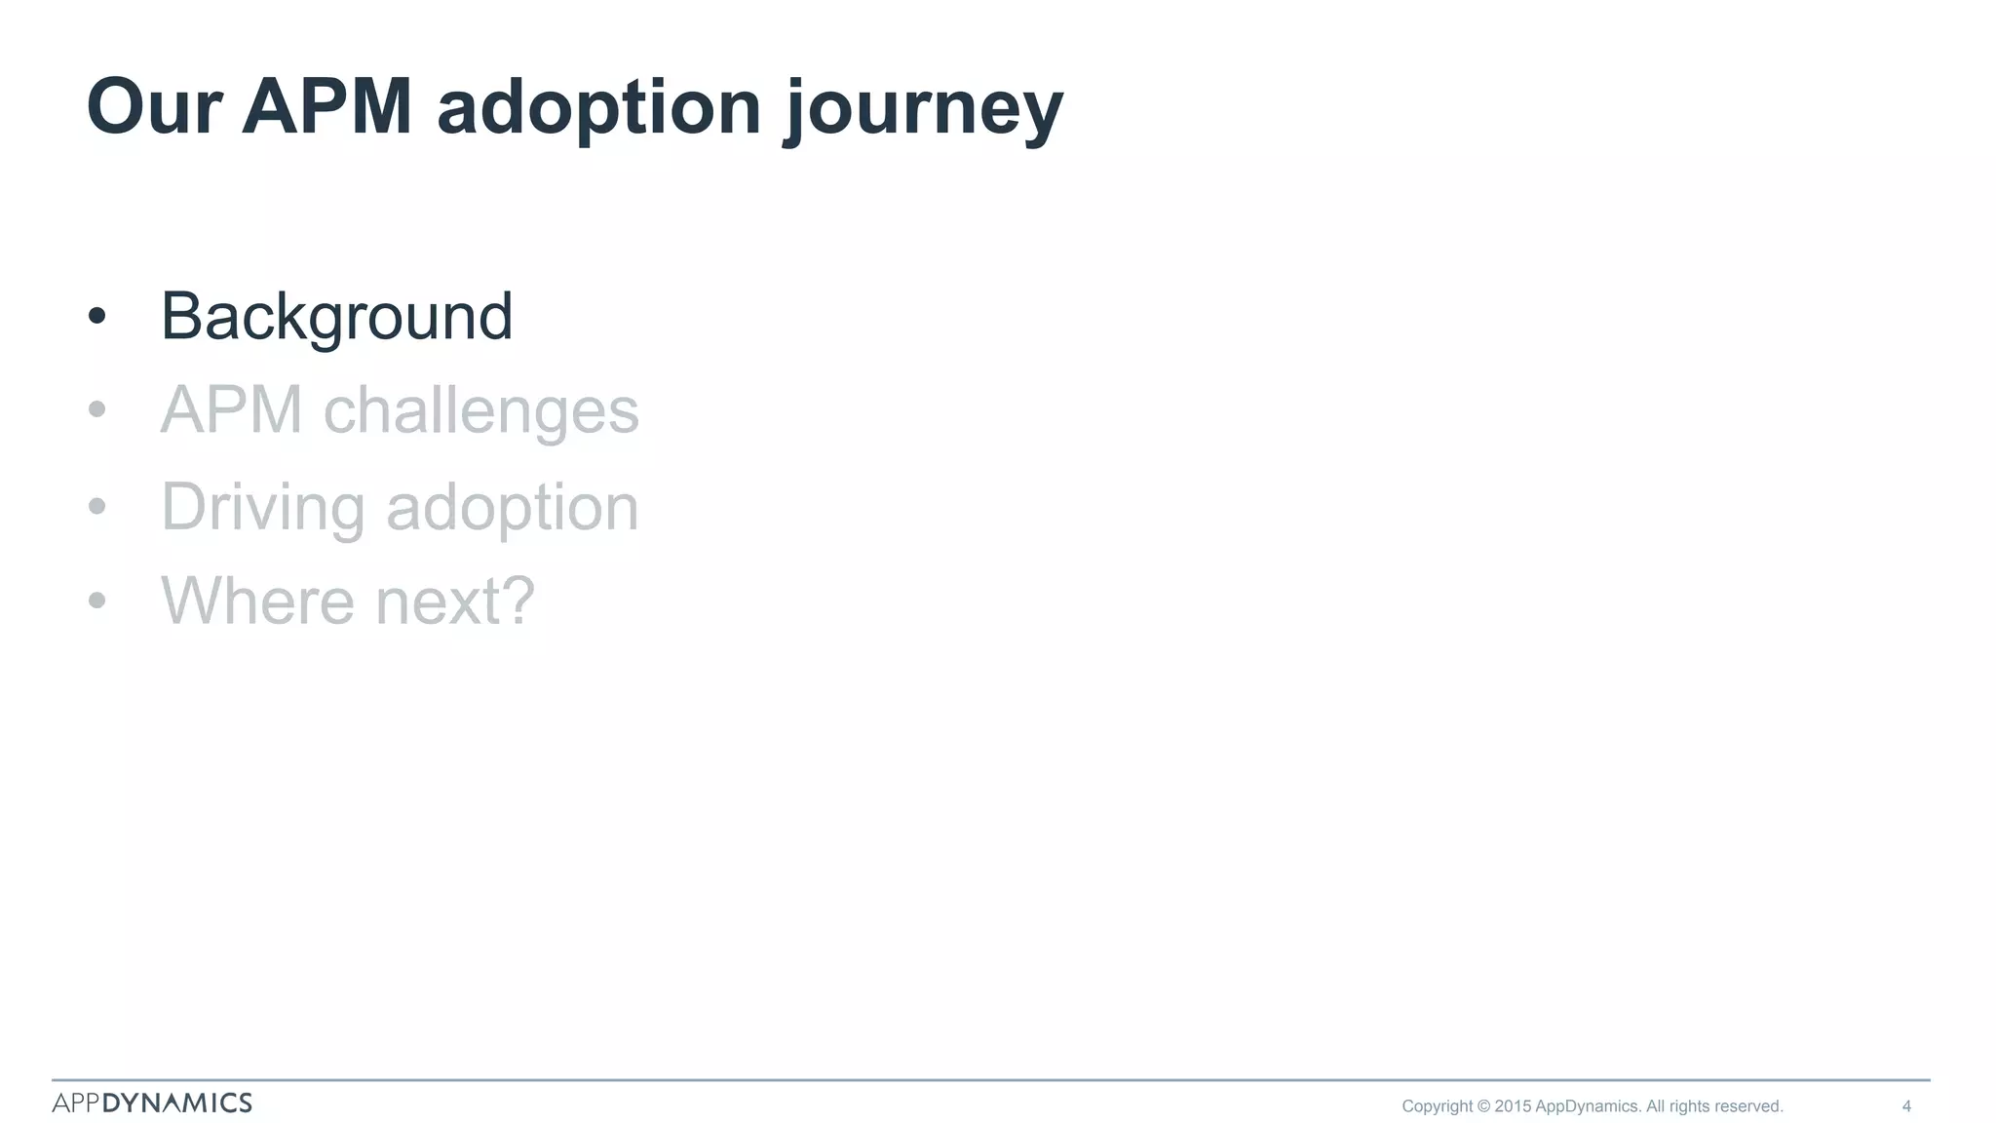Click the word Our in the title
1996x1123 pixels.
[x=154, y=107]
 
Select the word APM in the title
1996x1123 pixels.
[x=326, y=107]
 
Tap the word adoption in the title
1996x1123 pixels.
[x=598, y=107]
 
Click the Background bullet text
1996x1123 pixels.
[x=336, y=317]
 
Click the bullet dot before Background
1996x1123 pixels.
[x=96, y=317]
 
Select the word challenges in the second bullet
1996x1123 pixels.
[x=480, y=410]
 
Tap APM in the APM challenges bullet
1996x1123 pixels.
[x=231, y=410]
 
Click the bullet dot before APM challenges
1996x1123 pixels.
[x=96, y=410]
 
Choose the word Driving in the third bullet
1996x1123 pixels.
[x=263, y=508]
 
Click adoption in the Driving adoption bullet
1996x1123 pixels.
[x=513, y=508]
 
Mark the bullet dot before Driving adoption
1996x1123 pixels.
[x=96, y=507]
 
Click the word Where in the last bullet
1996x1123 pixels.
[x=257, y=601]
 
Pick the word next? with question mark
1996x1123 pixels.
[x=455, y=601]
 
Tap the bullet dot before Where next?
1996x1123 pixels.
[x=96, y=600]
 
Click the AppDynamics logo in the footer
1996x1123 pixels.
[x=152, y=1103]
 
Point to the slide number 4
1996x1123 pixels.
[x=1906, y=1106]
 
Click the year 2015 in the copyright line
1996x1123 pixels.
[x=1513, y=1106]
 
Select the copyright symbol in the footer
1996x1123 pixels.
[x=1483, y=1106]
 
